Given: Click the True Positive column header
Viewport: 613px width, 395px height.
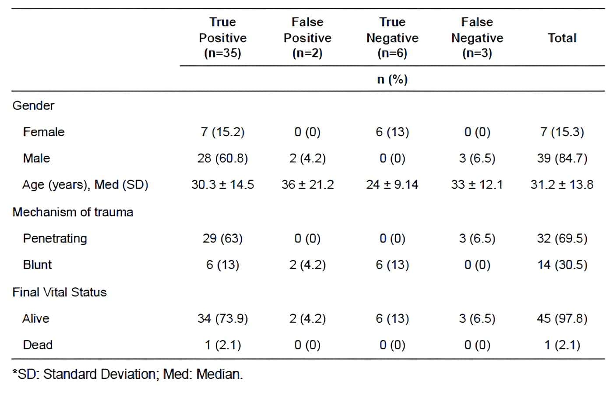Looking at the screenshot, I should click(222, 38).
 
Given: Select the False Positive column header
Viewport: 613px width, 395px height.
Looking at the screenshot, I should click(307, 38).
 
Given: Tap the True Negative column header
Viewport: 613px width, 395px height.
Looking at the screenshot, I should click(392, 38).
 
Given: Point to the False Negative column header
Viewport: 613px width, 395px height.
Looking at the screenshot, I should click(477, 38).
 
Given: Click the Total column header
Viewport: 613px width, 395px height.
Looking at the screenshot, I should click(562, 38).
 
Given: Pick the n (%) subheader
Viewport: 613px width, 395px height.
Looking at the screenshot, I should click(392, 79).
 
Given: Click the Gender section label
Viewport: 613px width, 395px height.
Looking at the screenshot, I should click(33, 106).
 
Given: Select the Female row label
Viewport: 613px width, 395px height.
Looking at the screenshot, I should click(43, 132).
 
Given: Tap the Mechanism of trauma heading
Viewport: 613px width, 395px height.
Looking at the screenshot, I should click(73, 212).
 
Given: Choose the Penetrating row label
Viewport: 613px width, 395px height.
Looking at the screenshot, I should click(55, 238).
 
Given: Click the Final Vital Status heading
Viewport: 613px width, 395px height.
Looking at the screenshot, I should click(60, 292).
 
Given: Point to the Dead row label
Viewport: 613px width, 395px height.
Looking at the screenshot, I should click(38, 345).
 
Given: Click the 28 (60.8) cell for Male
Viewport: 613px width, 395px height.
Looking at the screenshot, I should click(222, 158).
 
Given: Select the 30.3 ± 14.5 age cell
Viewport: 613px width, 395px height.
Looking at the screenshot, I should click(222, 184).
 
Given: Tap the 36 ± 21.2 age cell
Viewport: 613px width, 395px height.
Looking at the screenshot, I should click(307, 184).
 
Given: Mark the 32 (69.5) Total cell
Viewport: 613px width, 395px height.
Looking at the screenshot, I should click(562, 238).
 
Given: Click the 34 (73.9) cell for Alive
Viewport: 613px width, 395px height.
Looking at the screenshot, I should click(222, 318).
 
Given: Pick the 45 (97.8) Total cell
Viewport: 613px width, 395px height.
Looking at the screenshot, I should click(562, 318).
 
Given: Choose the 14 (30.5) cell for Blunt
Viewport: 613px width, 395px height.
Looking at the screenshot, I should click(562, 265).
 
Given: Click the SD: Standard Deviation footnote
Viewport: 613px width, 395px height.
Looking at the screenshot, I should click(127, 374).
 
